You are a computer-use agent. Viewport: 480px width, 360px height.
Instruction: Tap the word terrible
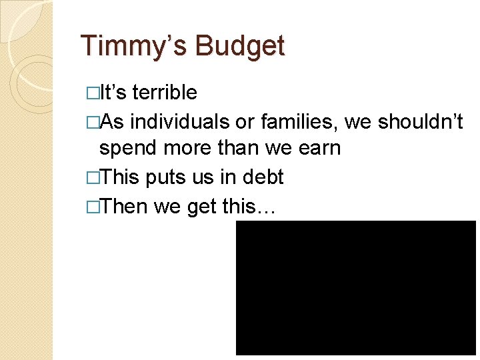(x=165, y=93)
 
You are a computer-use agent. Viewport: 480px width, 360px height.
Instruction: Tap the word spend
(x=127, y=148)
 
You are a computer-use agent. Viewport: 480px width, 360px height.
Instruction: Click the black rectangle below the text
(x=356, y=287)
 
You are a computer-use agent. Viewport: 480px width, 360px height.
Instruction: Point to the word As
(x=113, y=122)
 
